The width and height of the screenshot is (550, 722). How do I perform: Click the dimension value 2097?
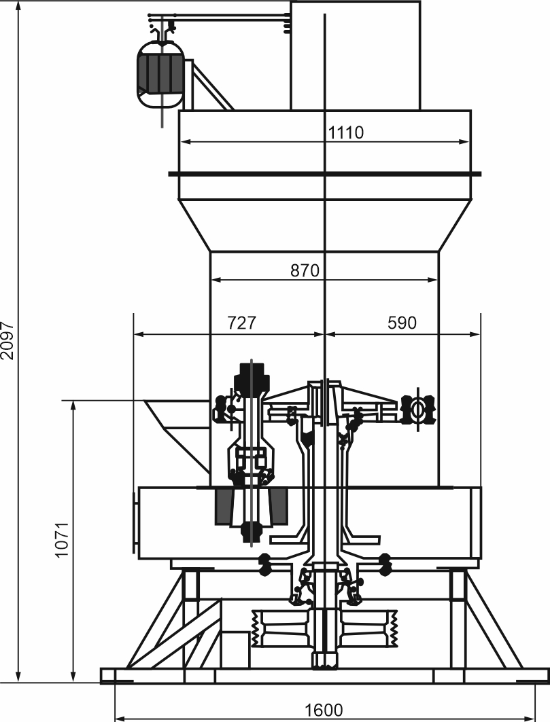(8, 340)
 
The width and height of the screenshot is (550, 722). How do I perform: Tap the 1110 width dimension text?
(346, 132)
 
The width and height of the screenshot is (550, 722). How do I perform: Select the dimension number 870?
(305, 270)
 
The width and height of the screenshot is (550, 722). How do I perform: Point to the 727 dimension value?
(241, 323)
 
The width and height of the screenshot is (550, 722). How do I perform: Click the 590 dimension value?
(402, 323)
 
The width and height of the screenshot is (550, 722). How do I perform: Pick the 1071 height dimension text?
(62, 540)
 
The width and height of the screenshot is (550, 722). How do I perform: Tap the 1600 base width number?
(324, 710)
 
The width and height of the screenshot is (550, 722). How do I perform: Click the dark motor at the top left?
(160, 75)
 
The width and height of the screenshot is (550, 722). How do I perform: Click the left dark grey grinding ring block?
(224, 507)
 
